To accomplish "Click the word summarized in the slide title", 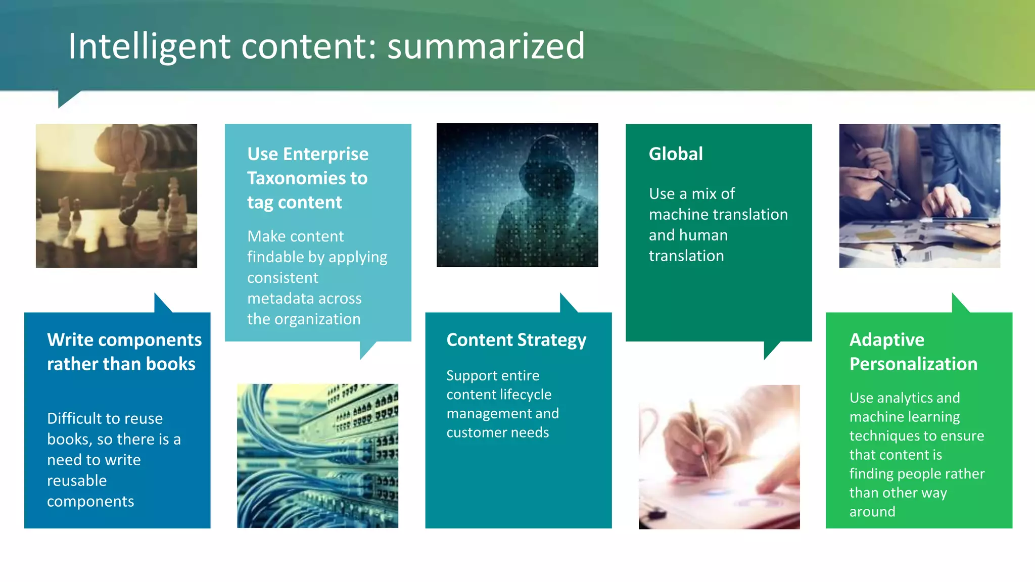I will [486, 46].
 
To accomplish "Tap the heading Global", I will [676, 154].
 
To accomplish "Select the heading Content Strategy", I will [516, 340].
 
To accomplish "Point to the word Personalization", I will [913, 364].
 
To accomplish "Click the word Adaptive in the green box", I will [887, 339].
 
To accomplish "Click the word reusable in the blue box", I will [77, 480].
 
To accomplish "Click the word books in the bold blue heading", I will [171, 364].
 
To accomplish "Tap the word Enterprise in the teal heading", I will [325, 154].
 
